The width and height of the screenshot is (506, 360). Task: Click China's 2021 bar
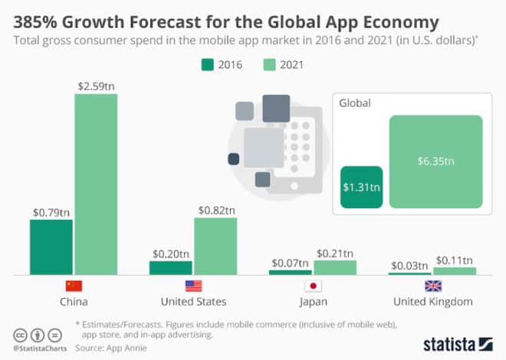coord(96,184)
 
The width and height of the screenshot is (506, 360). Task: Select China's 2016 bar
coord(51,247)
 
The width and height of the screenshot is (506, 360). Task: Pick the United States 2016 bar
coord(171,267)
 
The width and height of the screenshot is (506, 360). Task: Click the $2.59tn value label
coord(96,86)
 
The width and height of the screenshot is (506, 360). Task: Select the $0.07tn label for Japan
coord(291,263)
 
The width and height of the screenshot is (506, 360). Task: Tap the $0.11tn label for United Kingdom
coord(455,259)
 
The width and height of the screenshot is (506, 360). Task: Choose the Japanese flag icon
coord(313,286)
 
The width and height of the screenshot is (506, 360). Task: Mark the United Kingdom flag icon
coord(433,286)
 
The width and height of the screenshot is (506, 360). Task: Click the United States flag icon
coord(194,286)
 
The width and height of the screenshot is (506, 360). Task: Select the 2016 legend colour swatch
coord(207,65)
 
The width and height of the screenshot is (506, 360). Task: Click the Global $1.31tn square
coord(361,187)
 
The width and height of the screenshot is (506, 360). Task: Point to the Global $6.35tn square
coord(435,162)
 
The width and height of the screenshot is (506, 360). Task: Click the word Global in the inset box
coord(355,103)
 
